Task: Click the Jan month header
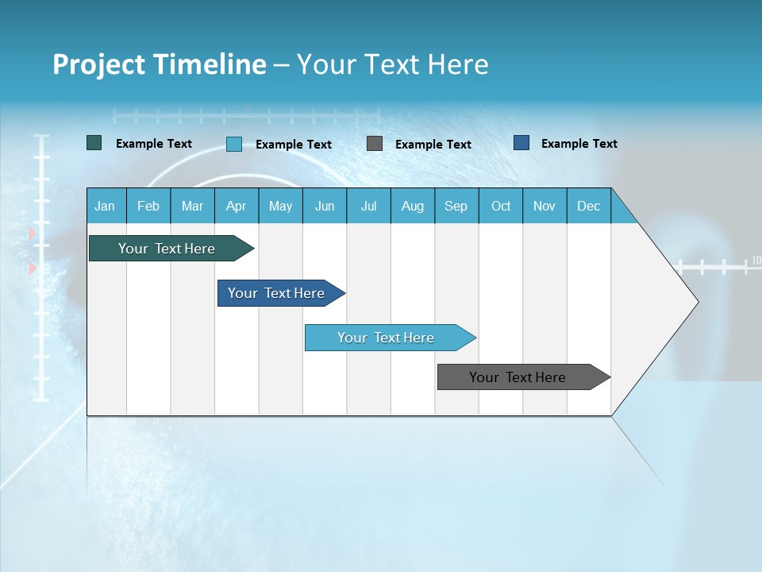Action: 105,206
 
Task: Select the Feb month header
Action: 148,206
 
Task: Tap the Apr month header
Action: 236,206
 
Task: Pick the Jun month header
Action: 325,206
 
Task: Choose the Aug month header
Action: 412,206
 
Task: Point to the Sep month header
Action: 456,206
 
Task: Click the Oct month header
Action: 501,206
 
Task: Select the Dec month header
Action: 588,206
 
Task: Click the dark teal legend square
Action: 94,143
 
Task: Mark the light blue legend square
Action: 234,144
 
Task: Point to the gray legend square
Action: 375,144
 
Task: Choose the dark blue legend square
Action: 521,143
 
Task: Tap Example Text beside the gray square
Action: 433,145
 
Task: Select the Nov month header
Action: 545,206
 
